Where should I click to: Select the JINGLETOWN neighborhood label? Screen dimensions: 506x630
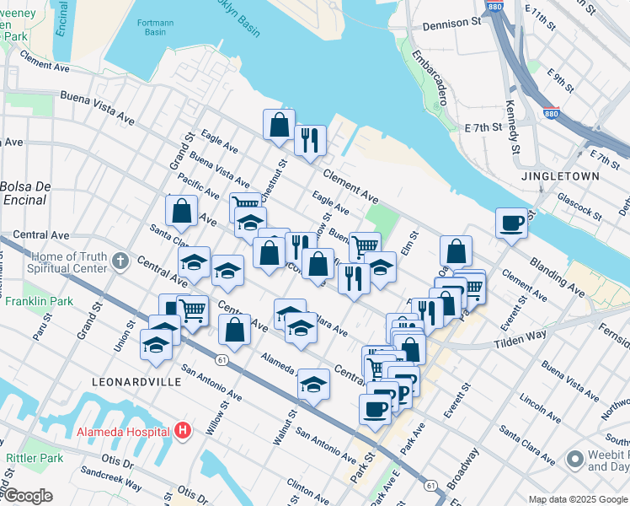click(x=560, y=176)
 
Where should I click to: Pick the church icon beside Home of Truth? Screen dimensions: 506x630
click(x=120, y=260)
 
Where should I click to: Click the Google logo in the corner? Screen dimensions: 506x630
click(x=28, y=497)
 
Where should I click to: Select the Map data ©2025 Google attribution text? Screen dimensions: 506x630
click(x=578, y=499)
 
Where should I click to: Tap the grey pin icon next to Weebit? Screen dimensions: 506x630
click(x=575, y=459)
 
